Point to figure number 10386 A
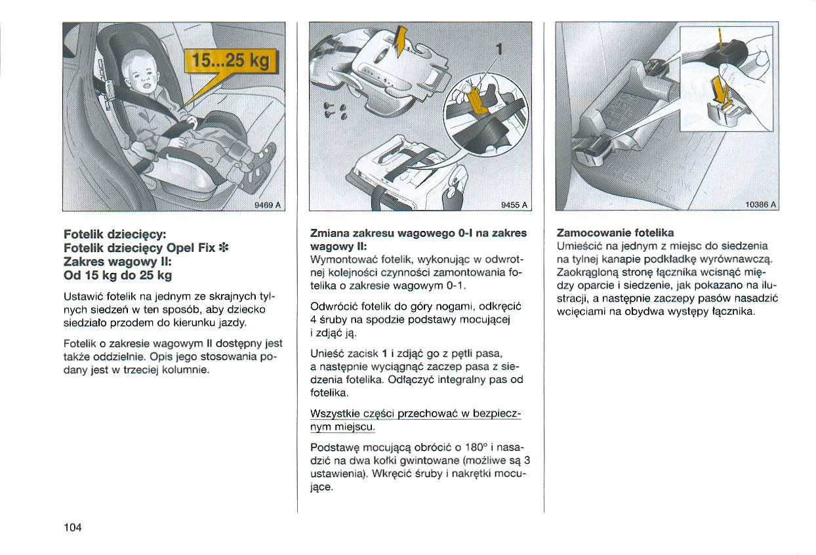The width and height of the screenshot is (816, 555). pyautogui.click(x=761, y=205)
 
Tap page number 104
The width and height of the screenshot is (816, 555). pyautogui.click(x=72, y=527)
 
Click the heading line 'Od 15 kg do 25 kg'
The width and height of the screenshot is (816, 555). pyautogui.click(x=117, y=274)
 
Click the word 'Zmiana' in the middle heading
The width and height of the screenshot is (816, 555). pyautogui.click(x=329, y=233)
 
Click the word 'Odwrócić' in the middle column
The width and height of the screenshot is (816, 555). pyautogui.click(x=333, y=306)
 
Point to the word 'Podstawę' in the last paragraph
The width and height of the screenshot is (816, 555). pyautogui.click(x=333, y=447)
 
